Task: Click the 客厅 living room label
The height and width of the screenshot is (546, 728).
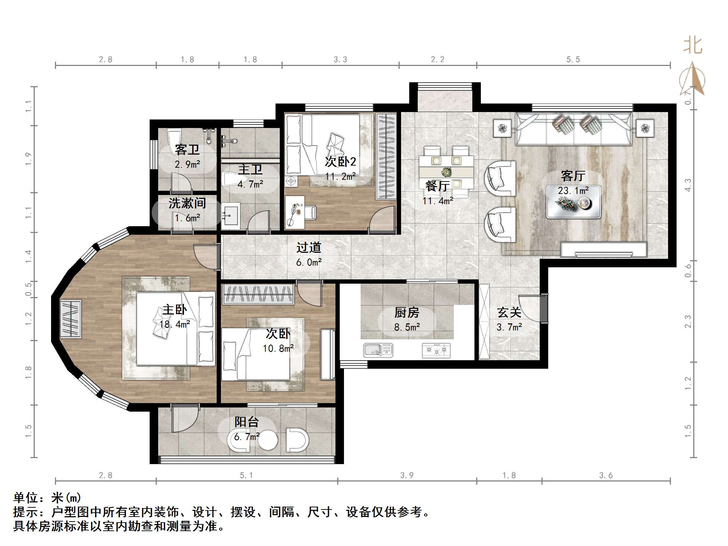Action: (573, 175)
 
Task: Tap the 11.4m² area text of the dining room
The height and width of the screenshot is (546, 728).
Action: (438, 201)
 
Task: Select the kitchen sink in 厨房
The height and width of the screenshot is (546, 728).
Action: (378, 350)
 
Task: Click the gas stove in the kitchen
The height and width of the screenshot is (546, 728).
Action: (436, 350)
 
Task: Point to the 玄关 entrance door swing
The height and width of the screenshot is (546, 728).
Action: (532, 308)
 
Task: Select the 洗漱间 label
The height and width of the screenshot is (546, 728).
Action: (187, 203)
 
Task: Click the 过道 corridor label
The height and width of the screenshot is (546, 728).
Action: (309, 247)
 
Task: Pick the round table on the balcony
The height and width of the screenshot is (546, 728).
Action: (268, 440)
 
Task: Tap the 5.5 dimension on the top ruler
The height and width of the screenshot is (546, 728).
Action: (573, 60)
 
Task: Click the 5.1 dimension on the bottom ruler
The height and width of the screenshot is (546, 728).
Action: (246, 475)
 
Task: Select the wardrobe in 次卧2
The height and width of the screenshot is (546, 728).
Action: (386, 156)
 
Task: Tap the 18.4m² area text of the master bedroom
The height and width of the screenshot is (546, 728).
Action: (174, 324)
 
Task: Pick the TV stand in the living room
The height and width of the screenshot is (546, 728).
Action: (603, 250)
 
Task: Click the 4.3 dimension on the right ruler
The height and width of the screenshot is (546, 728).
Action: (688, 185)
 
